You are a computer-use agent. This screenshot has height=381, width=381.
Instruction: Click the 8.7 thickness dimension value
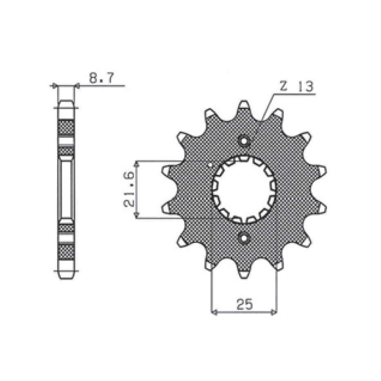[101, 78]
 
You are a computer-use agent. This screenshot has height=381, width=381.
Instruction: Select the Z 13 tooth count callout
[296, 86]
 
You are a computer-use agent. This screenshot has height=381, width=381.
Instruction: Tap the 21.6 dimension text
[129, 189]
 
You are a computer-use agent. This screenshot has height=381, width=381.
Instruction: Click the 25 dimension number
[245, 304]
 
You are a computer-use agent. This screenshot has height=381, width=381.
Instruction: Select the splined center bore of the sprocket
[244, 189]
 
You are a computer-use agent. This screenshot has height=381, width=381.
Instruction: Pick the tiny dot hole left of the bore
[210, 165]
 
